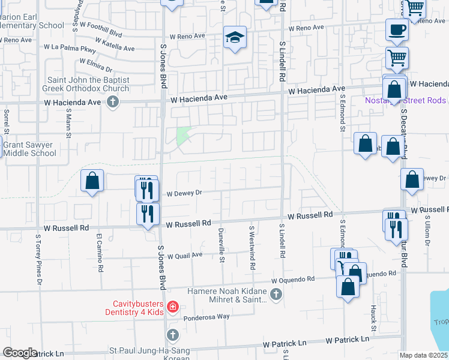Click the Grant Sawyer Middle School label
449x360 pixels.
point(30,149)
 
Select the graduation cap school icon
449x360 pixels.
point(235,38)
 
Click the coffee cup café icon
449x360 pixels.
point(397,29)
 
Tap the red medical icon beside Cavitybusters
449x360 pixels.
point(172,307)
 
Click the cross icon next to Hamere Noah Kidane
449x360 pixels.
point(276,294)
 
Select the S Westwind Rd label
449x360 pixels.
point(253,247)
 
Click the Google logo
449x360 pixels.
point(20,353)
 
